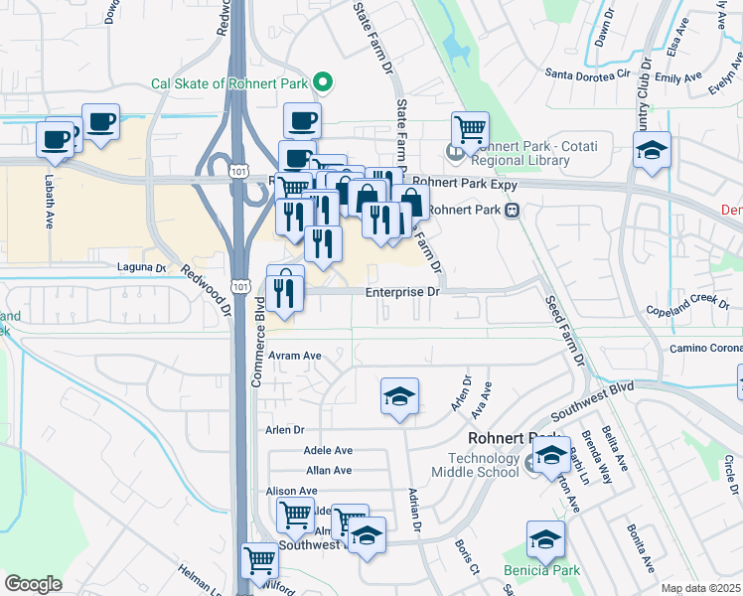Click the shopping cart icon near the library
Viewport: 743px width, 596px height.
coord(470,129)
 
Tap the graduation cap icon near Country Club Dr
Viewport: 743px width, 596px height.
coord(652,150)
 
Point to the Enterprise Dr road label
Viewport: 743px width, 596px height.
coord(401,292)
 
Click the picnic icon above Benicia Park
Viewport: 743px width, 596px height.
coord(545,539)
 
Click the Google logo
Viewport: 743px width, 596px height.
coord(33,584)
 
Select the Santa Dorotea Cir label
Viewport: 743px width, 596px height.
coord(589,73)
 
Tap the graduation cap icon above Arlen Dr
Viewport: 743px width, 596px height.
coord(400,397)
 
